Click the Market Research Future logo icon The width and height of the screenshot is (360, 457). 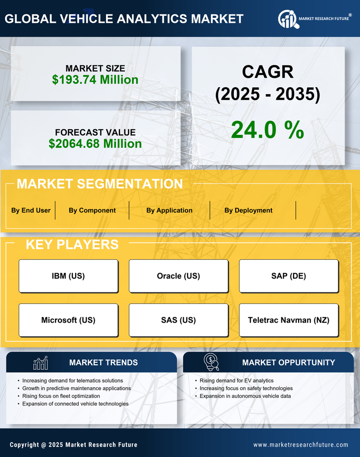[288, 18]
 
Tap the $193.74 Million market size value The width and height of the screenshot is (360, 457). [95, 79]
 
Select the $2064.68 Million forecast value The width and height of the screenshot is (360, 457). [95, 144]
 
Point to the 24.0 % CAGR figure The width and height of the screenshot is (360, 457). [267, 130]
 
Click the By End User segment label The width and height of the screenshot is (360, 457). [31, 210]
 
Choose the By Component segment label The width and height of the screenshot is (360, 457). [92, 210]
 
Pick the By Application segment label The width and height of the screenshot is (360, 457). [169, 210]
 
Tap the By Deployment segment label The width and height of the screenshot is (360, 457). [248, 210]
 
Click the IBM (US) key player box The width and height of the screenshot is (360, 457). [68, 276]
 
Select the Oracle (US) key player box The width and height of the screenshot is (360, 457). [178, 276]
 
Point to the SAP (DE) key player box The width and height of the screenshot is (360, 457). [289, 276]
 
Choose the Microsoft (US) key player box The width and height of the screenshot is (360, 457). [68, 320]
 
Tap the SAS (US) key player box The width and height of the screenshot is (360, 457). [178, 320]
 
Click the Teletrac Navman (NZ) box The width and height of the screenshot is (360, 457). [289, 320]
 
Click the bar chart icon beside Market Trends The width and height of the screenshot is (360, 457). [41, 363]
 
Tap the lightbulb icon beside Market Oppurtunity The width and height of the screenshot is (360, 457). [211, 362]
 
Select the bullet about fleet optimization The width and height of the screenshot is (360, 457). [61, 396]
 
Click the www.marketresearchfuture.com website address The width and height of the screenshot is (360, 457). [301, 445]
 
